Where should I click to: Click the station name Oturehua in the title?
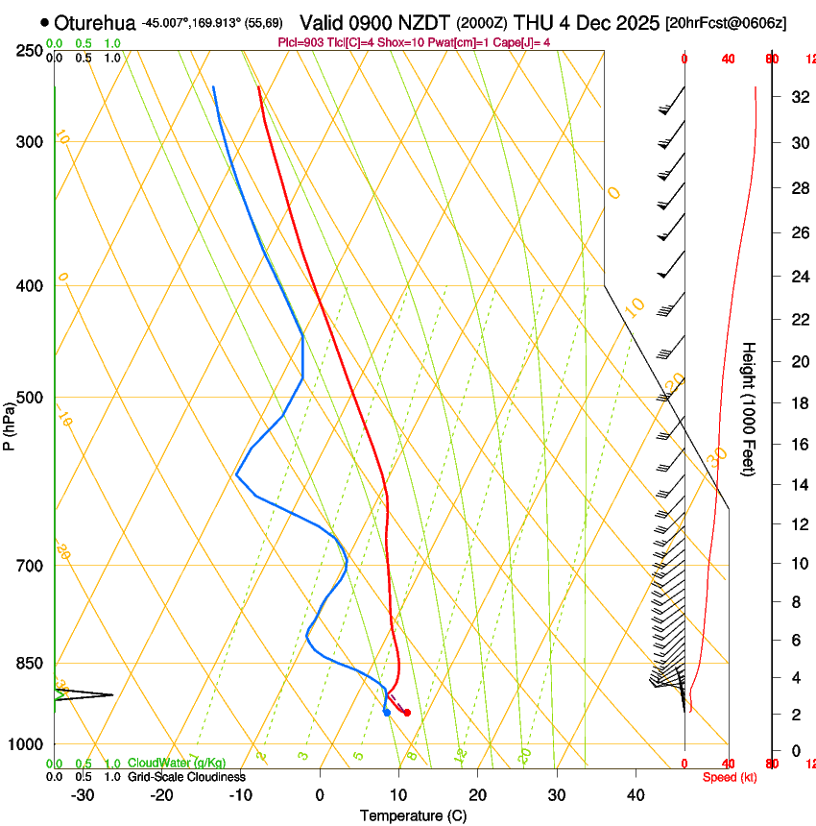click(95, 22)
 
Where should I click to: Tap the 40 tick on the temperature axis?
click(636, 795)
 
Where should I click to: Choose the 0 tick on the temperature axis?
click(320, 795)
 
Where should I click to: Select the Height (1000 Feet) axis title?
click(749, 408)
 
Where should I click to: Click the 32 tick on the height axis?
click(798, 97)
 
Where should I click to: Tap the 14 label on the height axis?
click(798, 485)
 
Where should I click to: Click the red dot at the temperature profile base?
click(407, 713)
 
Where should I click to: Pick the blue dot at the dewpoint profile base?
click(386, 713)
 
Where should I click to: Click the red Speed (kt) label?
click(729, 777)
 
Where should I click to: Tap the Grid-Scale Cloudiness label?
click(186, 776)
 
